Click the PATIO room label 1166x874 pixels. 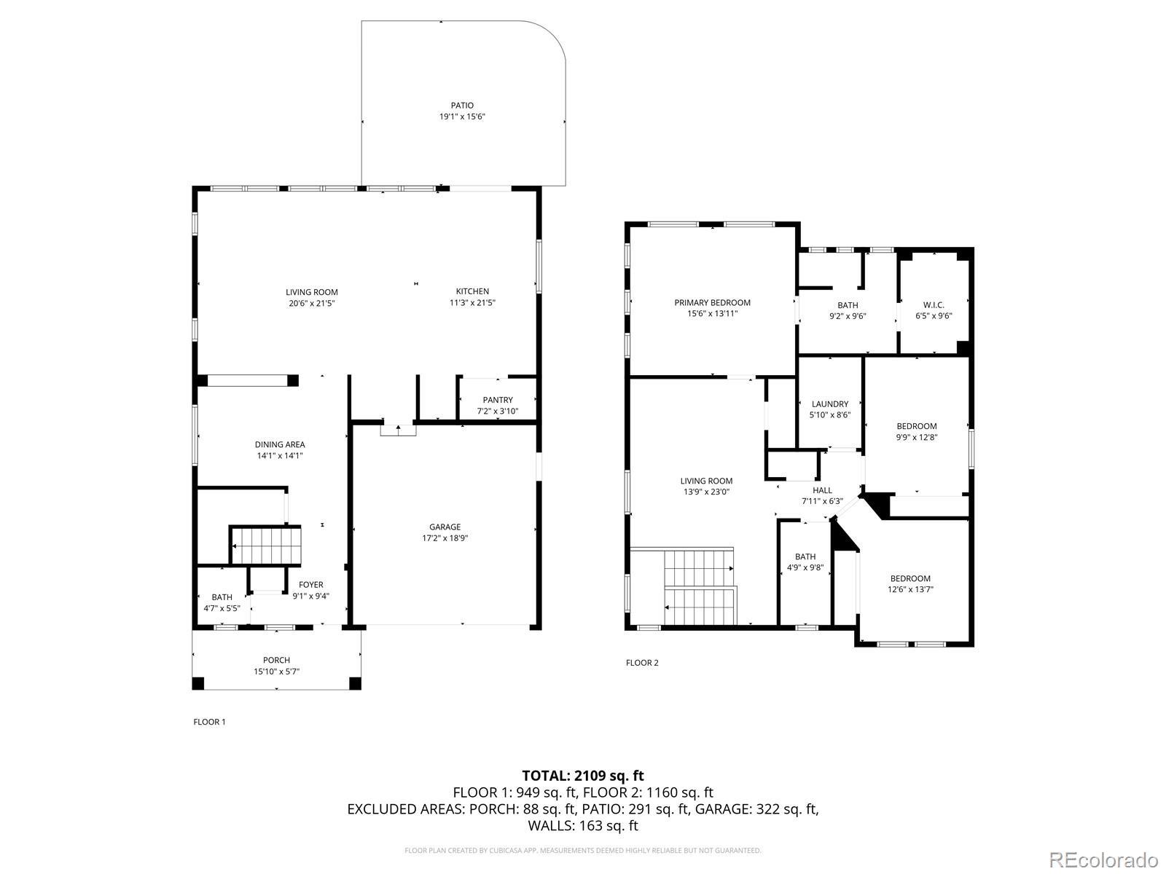pos(462,106)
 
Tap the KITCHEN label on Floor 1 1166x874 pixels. pos(472,291)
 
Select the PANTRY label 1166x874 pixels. pos(498,400)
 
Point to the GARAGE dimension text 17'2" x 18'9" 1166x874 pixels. pos(445,538)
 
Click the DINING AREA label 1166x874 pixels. pos(280,445)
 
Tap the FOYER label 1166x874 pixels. pos(310,585)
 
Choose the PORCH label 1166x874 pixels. pos(276,660)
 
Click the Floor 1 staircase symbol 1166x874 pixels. pos(265,545)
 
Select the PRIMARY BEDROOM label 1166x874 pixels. pos(712,302)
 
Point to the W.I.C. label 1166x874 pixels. pos(934,305)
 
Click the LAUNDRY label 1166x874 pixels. pos(830,403)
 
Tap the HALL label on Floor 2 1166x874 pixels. pos(822,490)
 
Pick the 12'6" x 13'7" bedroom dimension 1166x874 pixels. pos(910,589)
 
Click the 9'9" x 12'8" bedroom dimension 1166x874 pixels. pos(917,437)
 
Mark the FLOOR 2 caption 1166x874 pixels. pos(642,663)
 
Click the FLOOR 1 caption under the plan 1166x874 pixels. pos(209,722)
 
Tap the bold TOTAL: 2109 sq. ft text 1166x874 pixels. pos(583,776)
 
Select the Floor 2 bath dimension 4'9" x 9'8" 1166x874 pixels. pos(805,567)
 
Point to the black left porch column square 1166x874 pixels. pos(197,683)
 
